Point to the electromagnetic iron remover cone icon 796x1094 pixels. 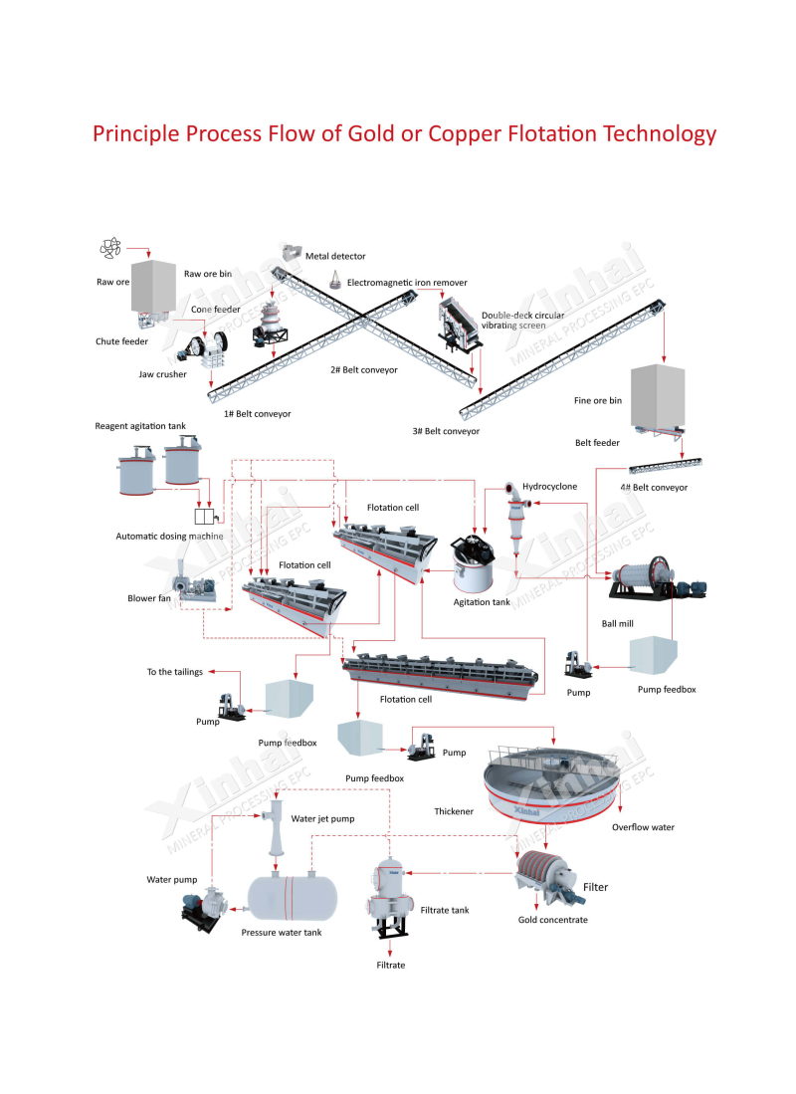pos(335,282)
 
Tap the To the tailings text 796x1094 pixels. pos(174,672)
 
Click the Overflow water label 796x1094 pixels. pos(643,827)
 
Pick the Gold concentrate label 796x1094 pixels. pos(553,920)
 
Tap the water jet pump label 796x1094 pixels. pos(322,818)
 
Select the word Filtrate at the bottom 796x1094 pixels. pos(391,965)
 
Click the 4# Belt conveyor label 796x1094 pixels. pos(653,487)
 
